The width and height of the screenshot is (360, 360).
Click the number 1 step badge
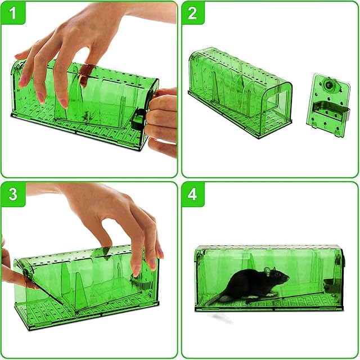click(13, 13)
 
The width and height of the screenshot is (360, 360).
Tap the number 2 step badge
click(192, 13)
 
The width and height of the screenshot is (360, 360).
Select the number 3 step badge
click(13, 194)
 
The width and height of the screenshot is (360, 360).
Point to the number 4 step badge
click(192, 194)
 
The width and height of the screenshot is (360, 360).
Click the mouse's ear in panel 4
click(267, 271)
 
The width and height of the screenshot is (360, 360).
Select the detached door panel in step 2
click(328, 106)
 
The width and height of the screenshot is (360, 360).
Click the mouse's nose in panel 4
click(289, 278)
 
